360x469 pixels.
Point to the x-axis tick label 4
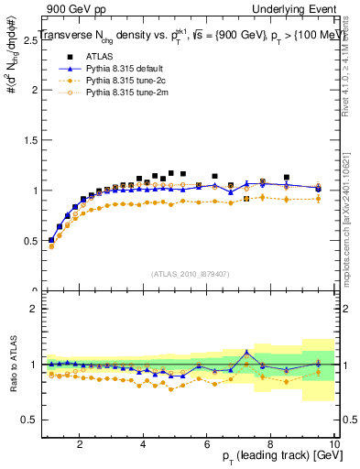pyautogui.click(x=144, y=443)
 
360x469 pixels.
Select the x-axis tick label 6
pyautogui.click(x=207, y=443)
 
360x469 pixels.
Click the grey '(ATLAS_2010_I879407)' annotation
pyautogui.click(x=190, y=273)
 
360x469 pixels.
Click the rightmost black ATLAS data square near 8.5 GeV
pyautogui.click(x=287, y=178)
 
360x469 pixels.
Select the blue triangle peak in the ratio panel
pyautogui.click(x=246, y=352)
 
